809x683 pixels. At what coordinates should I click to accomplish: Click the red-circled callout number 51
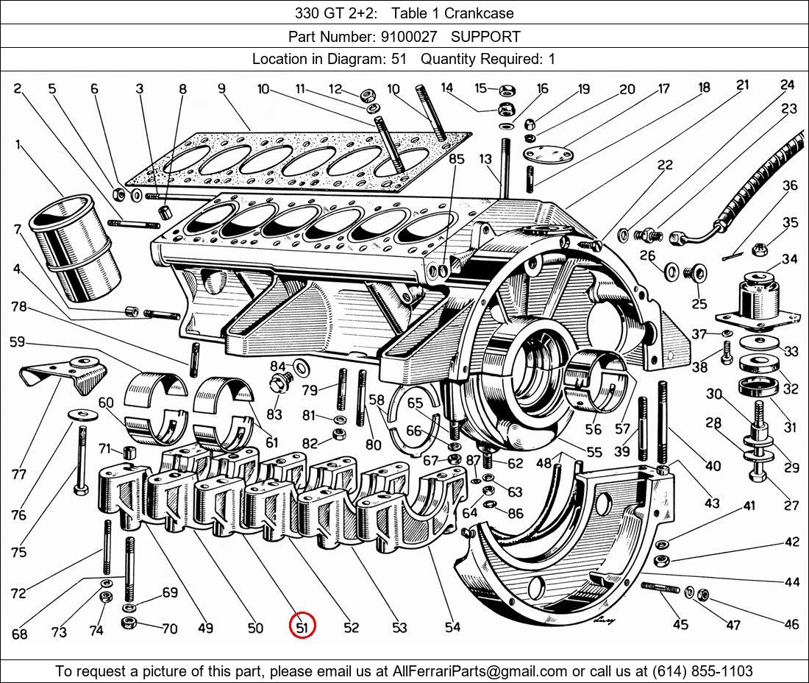click(x=302, y=627)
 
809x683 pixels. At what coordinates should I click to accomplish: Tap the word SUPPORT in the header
click(x=485, y=36)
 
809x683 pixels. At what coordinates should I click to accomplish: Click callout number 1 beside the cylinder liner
click(x=18, y=145)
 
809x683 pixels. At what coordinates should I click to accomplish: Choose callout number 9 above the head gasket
click(x=221, y=89)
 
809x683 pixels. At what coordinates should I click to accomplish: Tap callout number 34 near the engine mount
click(x=789, y=259)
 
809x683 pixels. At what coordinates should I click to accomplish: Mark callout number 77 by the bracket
click(x=19, y=474)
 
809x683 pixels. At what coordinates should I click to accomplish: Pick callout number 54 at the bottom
click(x=452, y=627)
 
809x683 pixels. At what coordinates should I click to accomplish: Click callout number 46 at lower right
click(x=791, y=625)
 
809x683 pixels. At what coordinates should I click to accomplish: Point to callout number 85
click(x=456, y=159)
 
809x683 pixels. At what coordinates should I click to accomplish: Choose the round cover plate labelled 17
click(x=547, y=155)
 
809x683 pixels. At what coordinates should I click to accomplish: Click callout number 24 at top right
click(x=788, y=85)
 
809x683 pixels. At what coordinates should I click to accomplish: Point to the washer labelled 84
click(x=301, y=366)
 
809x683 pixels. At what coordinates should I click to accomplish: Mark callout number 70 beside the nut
click(x=170, y=629)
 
